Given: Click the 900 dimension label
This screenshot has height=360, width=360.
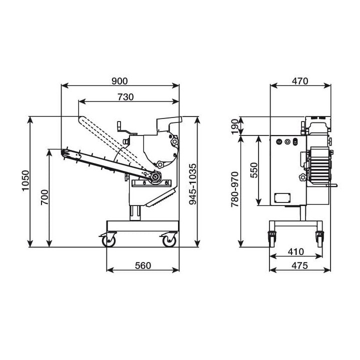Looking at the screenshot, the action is (x=119, y=81).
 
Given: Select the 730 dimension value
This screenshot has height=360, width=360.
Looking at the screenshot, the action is (x=125, y=97).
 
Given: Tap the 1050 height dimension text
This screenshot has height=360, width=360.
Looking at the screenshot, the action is (x=25, y=180).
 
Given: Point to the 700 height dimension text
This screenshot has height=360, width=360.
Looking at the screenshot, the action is (x=44, y=197).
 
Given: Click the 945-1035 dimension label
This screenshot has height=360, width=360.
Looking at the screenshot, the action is (x=193, y=183).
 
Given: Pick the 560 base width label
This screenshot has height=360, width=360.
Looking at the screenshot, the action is (x=143, y=265).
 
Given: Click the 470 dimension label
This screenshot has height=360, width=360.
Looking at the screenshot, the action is (x=300, y=81).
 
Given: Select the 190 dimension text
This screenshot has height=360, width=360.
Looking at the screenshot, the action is (x=235, y=126).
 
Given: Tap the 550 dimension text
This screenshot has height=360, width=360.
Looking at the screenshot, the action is (x=254, y=170).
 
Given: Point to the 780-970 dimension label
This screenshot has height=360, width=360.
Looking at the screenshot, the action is (x=235, y=189).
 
